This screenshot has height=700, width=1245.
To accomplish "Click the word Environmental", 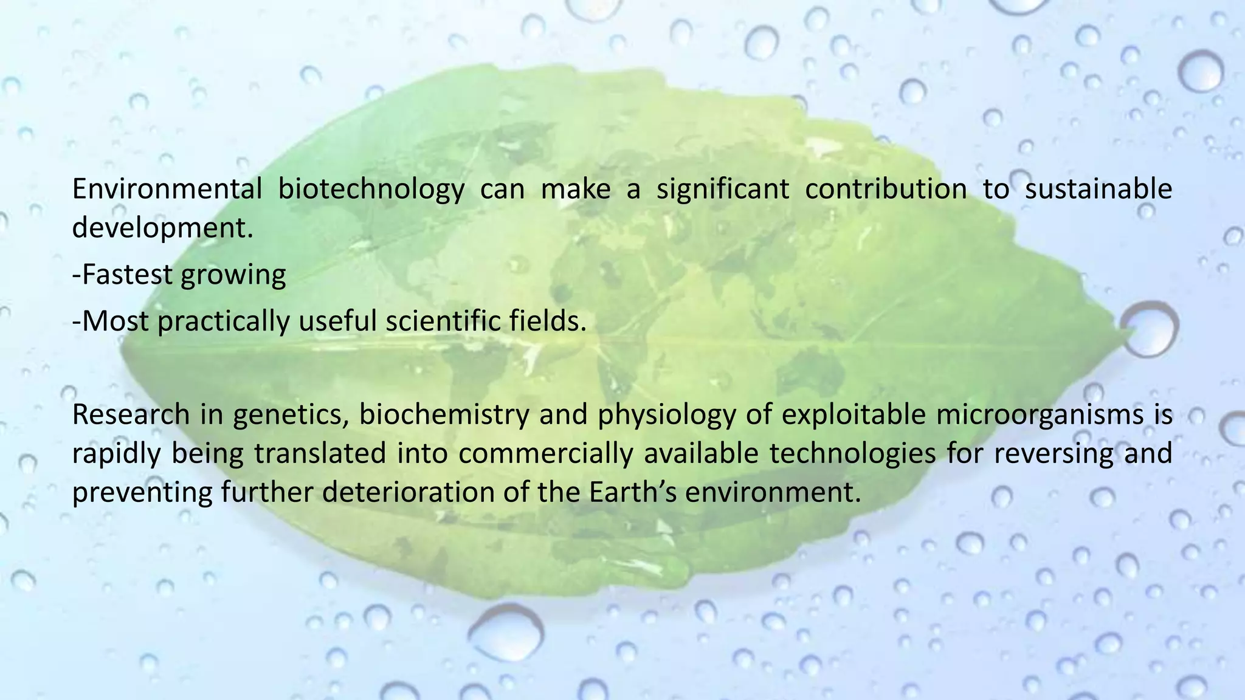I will pos(167,189).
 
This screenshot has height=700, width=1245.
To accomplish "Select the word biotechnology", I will pos(371,190).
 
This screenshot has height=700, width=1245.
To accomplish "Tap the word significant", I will pos(723,190).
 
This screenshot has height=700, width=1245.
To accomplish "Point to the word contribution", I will pos(886,189).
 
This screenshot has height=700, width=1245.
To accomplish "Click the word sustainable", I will pos(1098,189).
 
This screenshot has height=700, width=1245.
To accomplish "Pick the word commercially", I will pos(545,454).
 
